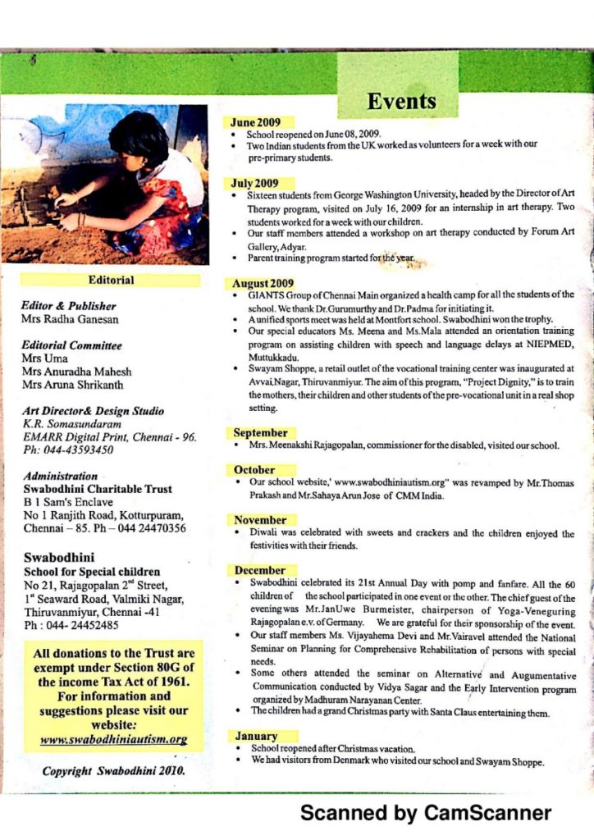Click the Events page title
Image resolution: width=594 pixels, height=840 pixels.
tap(402, 102)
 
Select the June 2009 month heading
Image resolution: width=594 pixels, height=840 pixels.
tap(256, 123)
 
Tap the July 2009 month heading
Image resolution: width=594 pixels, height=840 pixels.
tap(254, 183)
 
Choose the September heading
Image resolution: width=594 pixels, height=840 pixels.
tap(260, 432)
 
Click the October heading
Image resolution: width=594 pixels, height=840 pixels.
tap(254, 470)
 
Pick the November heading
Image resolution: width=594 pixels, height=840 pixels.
tap(260, 520)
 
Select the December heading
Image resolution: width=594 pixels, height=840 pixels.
tap(260, 570)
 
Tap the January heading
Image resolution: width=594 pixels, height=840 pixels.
tap(256, 737)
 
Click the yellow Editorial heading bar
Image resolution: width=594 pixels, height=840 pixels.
tap(112, 281)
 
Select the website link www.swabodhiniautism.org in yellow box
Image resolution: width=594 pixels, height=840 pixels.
tap(113, 739)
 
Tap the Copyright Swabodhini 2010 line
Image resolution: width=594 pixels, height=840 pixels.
tap(113, 771)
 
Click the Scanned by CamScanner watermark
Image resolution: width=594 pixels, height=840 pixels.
tap(426, 813)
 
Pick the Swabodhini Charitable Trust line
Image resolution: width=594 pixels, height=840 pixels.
tap(98, 489)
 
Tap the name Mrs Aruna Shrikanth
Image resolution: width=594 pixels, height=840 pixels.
tap(73, 385)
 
